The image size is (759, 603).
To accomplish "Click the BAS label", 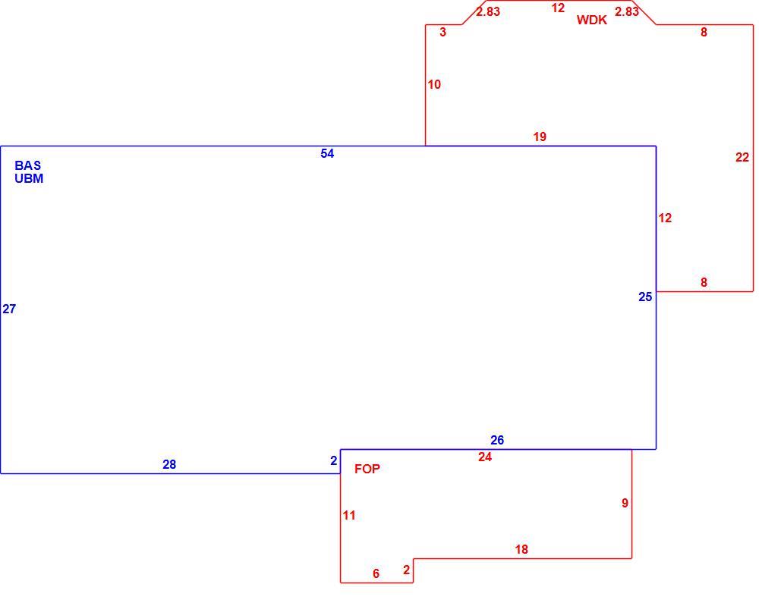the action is click(x=27, y=165).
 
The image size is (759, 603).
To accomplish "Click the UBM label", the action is click(x=29, y=178).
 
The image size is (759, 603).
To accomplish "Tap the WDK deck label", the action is click(x=591, y=20).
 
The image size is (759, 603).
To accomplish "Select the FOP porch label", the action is click(x=367, y=469).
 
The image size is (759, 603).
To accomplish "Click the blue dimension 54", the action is click(x=327, y=153).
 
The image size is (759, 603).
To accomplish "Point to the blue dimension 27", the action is click(x=9, y=309).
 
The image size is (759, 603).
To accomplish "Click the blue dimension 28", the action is click(x=169, y=464).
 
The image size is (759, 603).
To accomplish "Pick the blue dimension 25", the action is click(x=645, y=297).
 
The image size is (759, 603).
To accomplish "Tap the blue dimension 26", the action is click(x=497, y=440).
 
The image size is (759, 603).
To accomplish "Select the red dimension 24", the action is click(x=484, y=457).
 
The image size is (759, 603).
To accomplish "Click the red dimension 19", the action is click(x=540, y=137).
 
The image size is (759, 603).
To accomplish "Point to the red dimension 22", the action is click(x=742, y=157).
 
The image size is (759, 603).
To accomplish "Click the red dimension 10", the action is click(x=434, y=85).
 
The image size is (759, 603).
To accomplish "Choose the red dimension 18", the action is click(x=521, y=549).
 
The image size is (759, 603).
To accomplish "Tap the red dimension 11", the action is click(x=349, y=516).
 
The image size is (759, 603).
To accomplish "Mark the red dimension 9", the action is click(x=625, y=503).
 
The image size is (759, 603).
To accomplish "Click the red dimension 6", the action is click(x=376, y=573).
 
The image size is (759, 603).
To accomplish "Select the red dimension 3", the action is click(x=442, y=32).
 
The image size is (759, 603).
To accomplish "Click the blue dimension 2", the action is click(x=333, y=461).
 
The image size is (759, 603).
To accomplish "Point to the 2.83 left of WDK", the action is click(x=488, y=11).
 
